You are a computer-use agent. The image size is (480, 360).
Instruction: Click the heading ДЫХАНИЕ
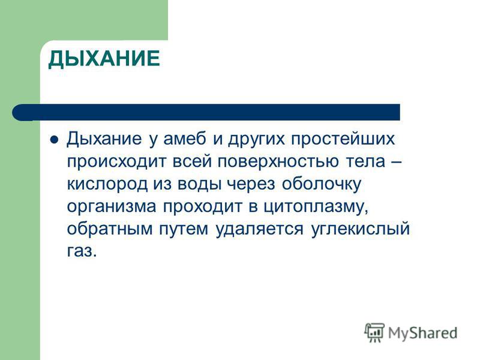point(104,58)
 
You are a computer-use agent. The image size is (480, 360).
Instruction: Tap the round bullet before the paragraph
point(54,140)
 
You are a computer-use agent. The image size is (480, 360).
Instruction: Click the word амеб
point(185,139)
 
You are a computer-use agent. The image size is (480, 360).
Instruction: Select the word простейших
point(343,140)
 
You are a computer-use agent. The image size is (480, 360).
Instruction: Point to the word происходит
point(116,162)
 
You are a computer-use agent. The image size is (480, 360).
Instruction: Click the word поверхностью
point(278,162)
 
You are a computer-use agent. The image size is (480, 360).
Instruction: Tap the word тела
point(365,161)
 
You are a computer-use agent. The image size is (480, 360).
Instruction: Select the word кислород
point(107,185)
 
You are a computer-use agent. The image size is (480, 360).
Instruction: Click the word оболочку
point(321,185)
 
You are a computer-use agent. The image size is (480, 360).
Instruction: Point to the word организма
point(112,207)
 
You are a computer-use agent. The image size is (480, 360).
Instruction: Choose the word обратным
point(110,229)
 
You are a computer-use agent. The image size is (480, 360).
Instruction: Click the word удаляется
point(260,230)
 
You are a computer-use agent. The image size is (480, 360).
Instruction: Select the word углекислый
point(361,230)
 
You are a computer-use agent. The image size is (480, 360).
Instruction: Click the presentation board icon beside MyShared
point(374,332)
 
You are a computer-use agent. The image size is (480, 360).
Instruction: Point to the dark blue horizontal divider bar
point(206,112)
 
